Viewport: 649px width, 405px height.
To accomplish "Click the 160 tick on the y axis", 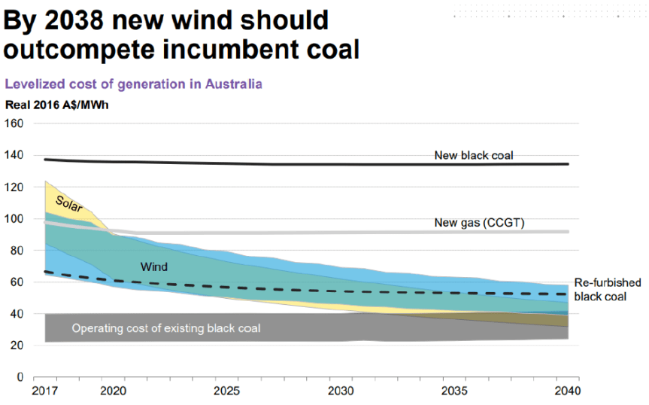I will pos(15,123).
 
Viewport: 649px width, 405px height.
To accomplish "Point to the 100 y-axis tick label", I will pos(15,218).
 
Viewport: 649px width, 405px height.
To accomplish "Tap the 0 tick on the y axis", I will pos(20,376).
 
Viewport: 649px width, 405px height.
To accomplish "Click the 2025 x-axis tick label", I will pos(227,391).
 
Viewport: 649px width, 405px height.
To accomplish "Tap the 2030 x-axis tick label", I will pos(341,391).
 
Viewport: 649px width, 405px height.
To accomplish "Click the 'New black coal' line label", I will pos(473,156).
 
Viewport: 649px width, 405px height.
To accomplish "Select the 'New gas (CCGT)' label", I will pos(479,223).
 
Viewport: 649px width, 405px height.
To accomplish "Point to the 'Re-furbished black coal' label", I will pos(607,289).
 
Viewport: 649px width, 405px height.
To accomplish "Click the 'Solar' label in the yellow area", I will pos(68,203).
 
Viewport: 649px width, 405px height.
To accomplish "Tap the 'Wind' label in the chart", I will pos(153,266).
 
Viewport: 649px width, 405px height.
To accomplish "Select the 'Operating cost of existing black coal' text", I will pos(166,328).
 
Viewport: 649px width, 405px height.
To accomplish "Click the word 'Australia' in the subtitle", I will pos(232,84).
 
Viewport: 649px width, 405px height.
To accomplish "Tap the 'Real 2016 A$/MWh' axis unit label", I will pos(57,105).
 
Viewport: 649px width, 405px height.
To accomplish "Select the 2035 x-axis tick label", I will pos(454,391).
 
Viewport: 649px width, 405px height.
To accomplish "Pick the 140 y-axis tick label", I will pos(15,155).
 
